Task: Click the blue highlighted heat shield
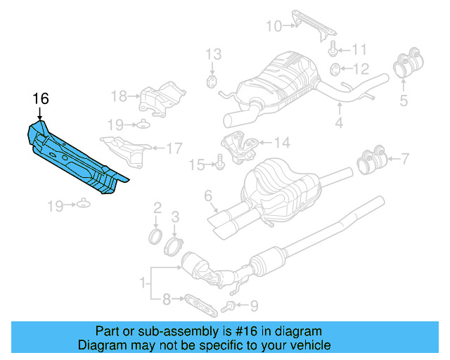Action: (x=74, y=157)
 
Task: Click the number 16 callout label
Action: (x=41, y=98)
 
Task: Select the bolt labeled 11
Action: (x=333, y=49)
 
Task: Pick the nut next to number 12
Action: (x=336, y=69)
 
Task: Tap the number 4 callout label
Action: (x=339, y=124)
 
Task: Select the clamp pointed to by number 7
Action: (x=373, y=161)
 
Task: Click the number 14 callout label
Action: (x=281, y=143)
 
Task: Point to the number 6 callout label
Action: (x=209, y=195)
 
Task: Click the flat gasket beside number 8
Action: (x=198, y=302)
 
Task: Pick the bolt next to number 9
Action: (x=229, y=306)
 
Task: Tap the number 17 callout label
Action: (x=174, y=148)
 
